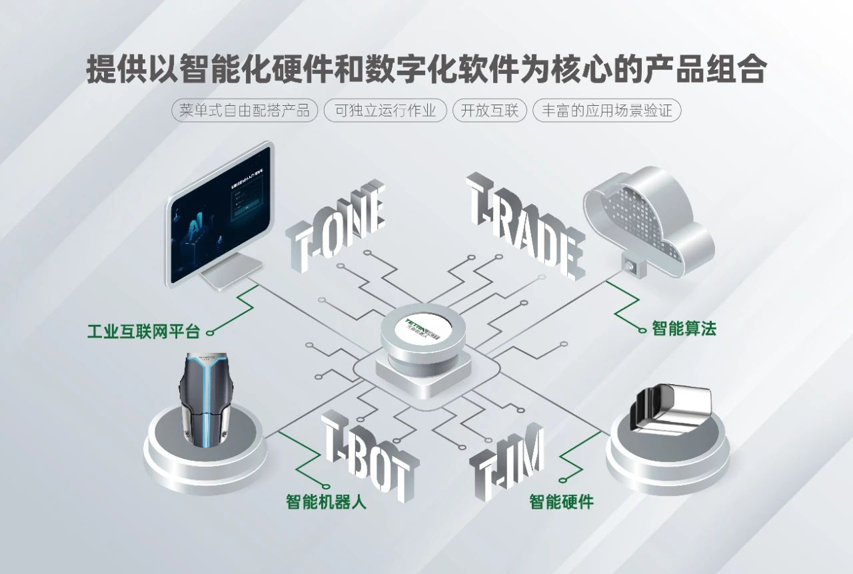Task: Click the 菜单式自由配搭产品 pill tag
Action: [245, 111]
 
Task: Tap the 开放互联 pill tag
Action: [489, 111]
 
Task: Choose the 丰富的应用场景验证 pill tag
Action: [606, 111]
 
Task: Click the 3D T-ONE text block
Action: [337, 226]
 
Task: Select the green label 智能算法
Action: [684, 328]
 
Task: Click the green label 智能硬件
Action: [561, 501]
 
